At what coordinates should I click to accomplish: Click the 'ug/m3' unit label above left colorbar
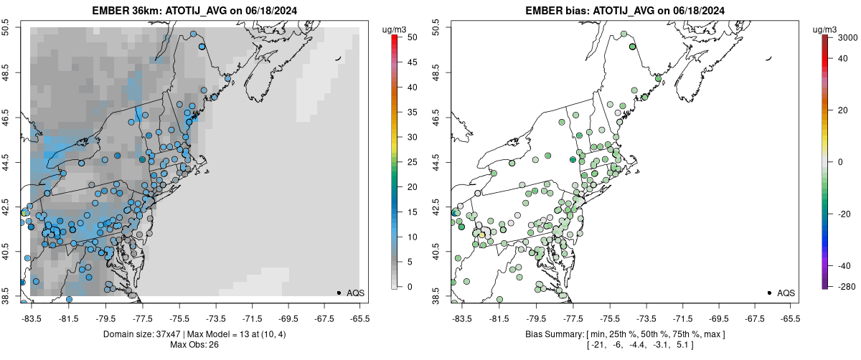tap(395, 28)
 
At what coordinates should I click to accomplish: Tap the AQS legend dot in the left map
tap(339, 293)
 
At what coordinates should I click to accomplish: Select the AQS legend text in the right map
tap(786, 293)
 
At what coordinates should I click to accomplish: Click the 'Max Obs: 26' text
tap(194, 345)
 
